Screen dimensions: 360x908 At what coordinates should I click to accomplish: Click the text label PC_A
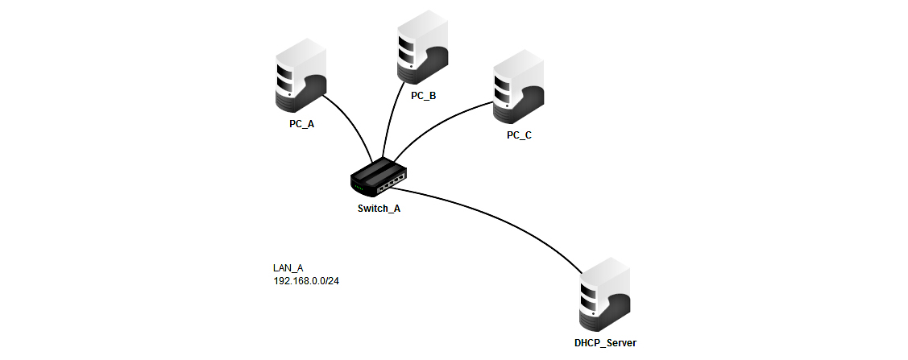tap(301, 125)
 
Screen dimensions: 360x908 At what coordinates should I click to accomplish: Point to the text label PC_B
tap(423, 96)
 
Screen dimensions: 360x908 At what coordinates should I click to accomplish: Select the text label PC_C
tap(519, 135)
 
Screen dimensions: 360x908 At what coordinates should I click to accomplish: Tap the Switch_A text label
tap(379, 208)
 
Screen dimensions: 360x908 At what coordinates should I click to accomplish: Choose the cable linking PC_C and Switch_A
tap(435, 121)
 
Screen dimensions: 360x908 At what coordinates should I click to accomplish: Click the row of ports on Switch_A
tap(389, 185)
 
